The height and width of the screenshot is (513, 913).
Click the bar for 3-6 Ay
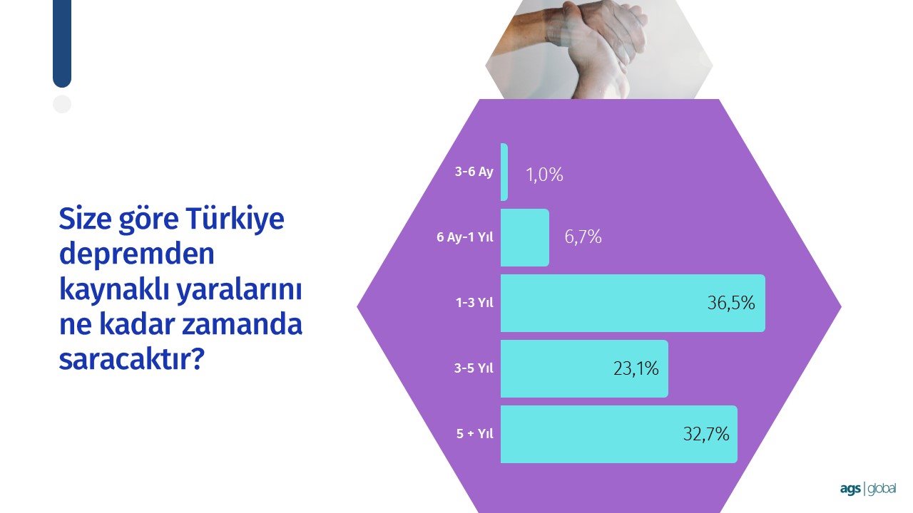[504, 172]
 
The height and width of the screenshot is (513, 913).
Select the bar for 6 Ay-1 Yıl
[525, 237]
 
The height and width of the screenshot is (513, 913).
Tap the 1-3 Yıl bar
[633, 303]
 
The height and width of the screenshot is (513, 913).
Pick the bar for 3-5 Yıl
[584, 368]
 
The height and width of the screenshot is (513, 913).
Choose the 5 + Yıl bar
[619, 434]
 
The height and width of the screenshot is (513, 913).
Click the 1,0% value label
[544, 175]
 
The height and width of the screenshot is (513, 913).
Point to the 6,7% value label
[583, 237]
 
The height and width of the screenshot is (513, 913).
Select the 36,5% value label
[731, 303]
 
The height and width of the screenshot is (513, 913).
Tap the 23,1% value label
[636, 369]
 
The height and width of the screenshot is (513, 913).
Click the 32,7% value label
[706, 434]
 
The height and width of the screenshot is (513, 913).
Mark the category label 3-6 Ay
[474, 172]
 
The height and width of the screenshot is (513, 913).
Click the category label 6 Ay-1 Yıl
[464, 237]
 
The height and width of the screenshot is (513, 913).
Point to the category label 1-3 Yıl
[474, 303]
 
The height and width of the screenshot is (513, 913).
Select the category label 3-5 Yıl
[474, 368]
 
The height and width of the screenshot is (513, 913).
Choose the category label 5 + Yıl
[475, 434]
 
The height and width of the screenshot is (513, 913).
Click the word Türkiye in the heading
[235, 219]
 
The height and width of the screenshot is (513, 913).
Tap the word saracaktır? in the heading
[131, 359]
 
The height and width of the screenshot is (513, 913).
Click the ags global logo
[868, 489]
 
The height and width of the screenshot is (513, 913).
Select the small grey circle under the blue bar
[62, 104]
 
